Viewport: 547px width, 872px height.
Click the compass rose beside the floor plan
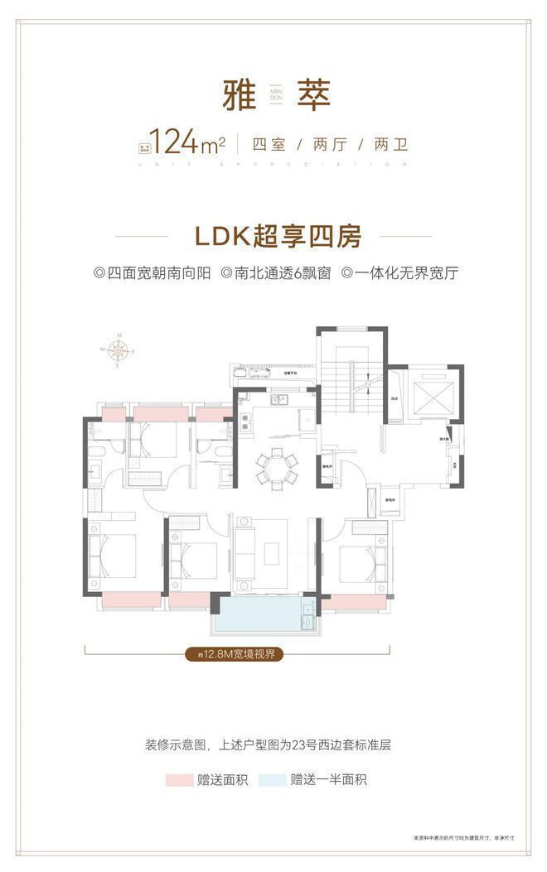pyautogui.click(x=119, y=349)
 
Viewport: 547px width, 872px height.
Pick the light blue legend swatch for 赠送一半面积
pyautogui.click(x=270, y=779)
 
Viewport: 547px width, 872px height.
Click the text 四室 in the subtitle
pyautogui.click(x=269, y=143)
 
